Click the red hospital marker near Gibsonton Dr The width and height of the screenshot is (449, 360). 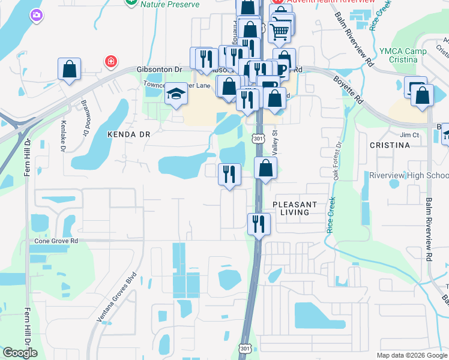point(110,61)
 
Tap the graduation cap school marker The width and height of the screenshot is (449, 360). point(176,94)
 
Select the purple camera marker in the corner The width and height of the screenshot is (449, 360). point(37,14)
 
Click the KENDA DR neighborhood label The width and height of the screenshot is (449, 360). point(128,135)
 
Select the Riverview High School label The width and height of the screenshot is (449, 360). point(408,175)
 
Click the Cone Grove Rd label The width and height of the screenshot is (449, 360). point(56,241)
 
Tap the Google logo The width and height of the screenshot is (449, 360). point(20,353)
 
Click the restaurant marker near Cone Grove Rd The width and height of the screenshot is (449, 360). point(259,224)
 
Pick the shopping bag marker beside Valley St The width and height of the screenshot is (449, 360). point(265,169)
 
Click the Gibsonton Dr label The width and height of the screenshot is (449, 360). point(159,70)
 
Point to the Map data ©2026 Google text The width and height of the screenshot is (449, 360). point(412,355)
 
